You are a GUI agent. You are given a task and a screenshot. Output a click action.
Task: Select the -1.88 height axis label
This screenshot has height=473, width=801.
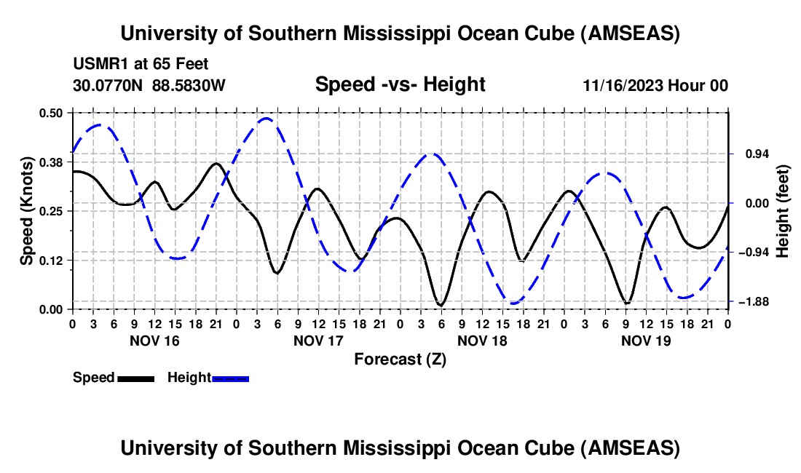coord(753,301)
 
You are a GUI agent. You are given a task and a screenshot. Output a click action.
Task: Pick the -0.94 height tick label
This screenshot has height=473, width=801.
coord(753,252)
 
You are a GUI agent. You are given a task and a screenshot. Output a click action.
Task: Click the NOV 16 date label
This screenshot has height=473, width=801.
coord(154,340)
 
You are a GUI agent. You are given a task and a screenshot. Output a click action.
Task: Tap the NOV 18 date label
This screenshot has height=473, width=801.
coord(482,340)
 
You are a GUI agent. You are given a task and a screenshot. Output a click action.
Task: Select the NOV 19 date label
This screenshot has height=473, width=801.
coord(646,340)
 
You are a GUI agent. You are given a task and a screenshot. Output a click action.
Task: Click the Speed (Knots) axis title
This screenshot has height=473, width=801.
coord(27,210)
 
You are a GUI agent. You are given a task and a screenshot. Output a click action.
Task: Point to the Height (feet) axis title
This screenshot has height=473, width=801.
coord(783,210)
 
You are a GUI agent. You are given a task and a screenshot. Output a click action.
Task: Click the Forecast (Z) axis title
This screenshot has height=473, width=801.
coord(400,359)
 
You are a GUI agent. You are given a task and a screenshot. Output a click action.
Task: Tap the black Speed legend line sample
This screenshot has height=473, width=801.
coord(135,378)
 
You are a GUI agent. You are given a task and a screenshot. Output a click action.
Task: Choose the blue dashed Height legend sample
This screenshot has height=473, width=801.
coord(231,378)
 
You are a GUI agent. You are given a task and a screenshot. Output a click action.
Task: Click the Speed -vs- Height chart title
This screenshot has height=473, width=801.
coord(400,84)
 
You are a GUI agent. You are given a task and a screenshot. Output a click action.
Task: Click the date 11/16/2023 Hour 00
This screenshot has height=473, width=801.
coord(655,85)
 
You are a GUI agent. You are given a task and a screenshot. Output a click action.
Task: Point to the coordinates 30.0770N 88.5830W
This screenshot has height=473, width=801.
coord(149,85)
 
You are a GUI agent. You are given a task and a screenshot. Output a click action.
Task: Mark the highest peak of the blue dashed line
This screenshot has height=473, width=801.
coord(267,118)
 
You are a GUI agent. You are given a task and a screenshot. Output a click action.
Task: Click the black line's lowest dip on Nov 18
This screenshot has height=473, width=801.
coord(441,305)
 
